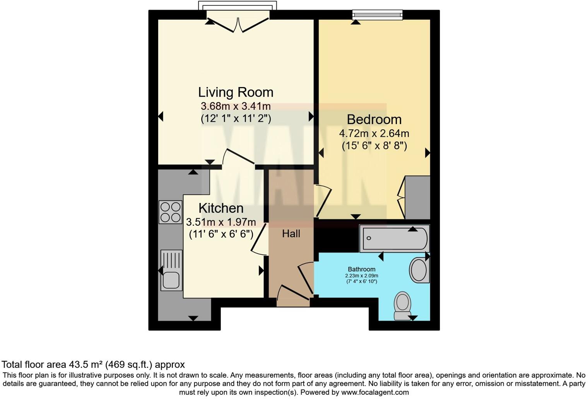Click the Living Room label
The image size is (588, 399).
236,92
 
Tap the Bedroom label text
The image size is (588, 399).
374,119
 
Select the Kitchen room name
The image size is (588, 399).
221,208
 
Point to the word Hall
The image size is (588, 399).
291,234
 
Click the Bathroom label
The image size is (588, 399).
361,269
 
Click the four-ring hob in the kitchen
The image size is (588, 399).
170,212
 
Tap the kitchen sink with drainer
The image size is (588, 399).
171,270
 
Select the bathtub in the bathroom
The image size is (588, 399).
394,238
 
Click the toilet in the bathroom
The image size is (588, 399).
402,305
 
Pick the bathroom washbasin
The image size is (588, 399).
419,270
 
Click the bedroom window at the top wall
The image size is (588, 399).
377,15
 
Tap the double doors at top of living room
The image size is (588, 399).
238,22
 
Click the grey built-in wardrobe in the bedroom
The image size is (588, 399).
418,198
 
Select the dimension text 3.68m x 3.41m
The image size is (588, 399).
236,106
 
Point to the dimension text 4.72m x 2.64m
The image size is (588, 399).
374,133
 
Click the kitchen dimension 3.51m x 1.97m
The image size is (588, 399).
221,222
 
